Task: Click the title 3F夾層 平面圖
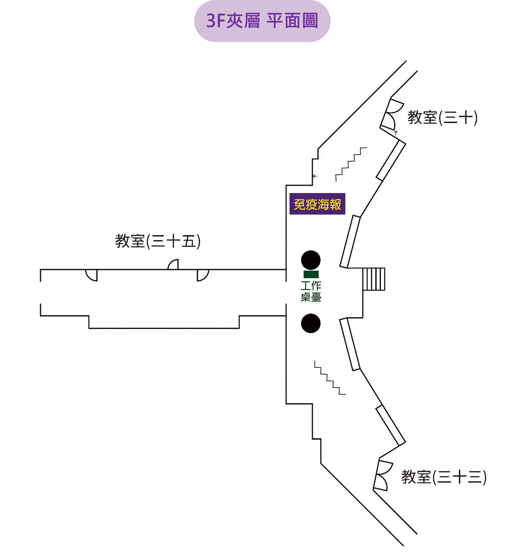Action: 262,21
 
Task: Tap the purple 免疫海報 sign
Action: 317,204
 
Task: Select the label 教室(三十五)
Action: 158,241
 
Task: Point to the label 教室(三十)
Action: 442,118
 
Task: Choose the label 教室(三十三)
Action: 444,477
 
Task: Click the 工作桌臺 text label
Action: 311,291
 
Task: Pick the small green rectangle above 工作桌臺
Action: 311,274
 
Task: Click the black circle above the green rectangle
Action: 311,260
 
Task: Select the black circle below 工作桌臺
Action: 311,323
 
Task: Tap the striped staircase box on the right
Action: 374,279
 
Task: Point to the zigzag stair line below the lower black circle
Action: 330,378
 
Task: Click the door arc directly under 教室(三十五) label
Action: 174,265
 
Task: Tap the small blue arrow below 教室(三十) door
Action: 396,133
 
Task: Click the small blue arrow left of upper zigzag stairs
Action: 315,176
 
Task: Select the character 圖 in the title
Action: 310,21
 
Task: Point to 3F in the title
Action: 216,21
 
